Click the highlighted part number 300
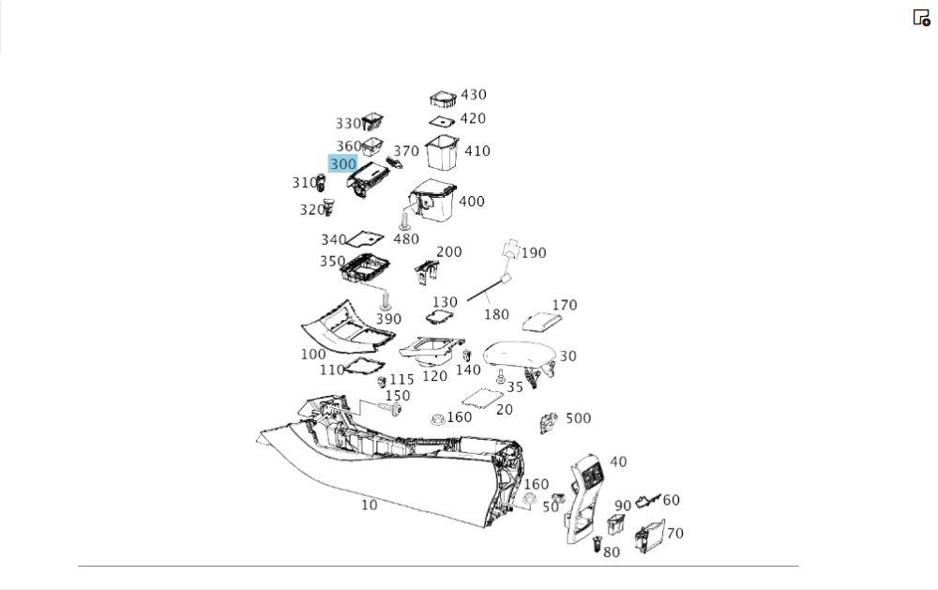[x=343, y=164]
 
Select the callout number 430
[x=473, y=95]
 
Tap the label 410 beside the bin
[x=477, y=151]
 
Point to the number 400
[x=472, y=202]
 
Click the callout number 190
[x=533, y=252]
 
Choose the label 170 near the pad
[x=565, y=305]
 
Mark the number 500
[x=578, y=418]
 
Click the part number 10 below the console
[x=370, y=505]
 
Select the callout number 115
[x=401, y=379]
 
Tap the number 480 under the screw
[x=406, y=239]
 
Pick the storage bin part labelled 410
[x=442, y=153]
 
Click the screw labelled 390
[x=385, y=300]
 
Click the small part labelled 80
[x=598, y=542]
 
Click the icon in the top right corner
[x=921, y=18]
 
